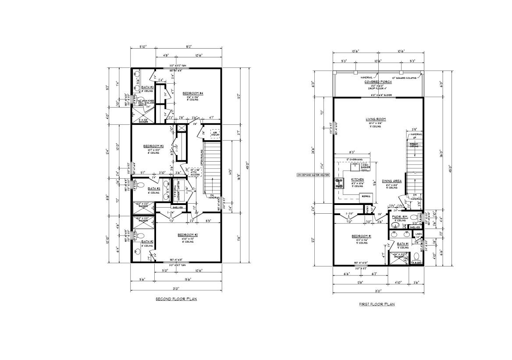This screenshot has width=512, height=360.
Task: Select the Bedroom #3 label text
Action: coord(153,146)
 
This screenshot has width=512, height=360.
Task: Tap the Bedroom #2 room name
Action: coord(188,235)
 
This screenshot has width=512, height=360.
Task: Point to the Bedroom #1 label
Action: coord(362,236)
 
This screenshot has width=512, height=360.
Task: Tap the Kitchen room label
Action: coord(357,180)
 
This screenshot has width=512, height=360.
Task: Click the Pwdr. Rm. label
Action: coord(398,216)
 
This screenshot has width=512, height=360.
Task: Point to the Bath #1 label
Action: coord(403,244)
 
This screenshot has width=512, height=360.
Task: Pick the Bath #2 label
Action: coord(147,241)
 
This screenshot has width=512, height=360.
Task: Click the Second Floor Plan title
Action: coord(176,299)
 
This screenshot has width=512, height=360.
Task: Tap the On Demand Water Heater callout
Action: coord(313,175)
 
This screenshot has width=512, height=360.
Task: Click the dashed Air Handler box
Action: coord(215,133)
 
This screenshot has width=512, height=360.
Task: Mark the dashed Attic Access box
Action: coord(195,172)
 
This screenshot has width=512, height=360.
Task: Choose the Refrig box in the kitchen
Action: coord(366,196)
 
